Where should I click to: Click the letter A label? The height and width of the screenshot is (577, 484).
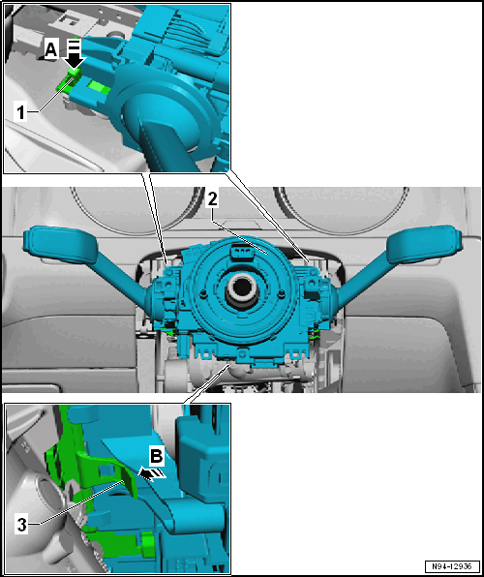pyautogui.click(x=52, y=50)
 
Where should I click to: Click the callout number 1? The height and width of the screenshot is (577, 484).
pyautogui.click(x=21, y=112)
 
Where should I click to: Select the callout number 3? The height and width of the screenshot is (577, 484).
pyautogui.click(x=22, y=525)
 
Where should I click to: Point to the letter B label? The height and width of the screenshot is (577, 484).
pyautogui.click(x=157, y=456)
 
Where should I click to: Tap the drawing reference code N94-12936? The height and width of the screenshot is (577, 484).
pyautogui.click(x=452, y=566)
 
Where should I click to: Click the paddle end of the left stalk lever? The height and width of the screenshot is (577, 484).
pyautogui.click(x=60, y=244)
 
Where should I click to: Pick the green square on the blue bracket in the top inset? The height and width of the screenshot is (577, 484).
pyautogui.click(x=98, y=87)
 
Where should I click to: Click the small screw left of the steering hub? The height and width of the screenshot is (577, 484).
pyautogui.click(x=202, y=293)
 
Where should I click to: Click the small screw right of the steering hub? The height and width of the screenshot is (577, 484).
pyautogui.click(x=281, y=293)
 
